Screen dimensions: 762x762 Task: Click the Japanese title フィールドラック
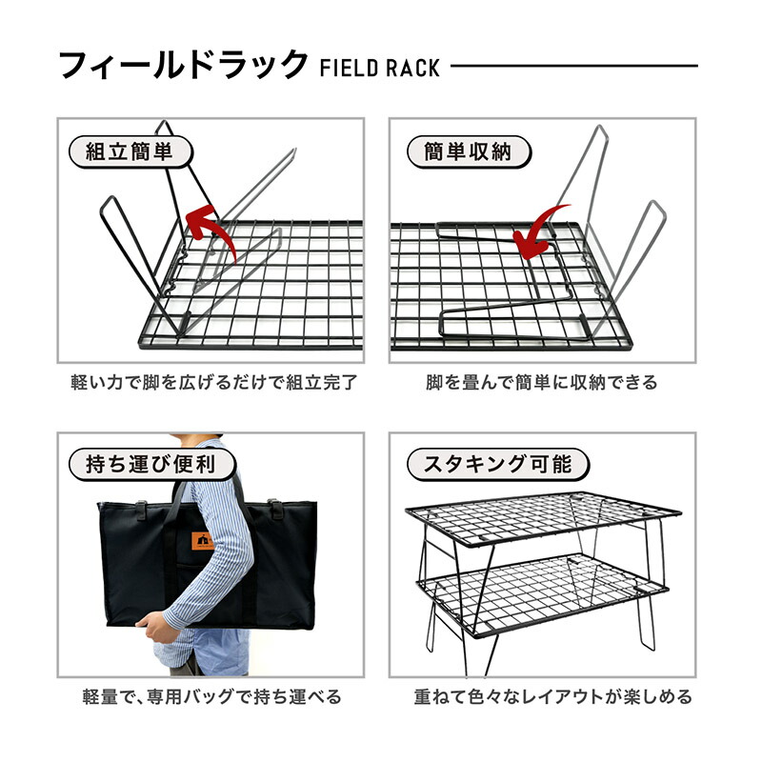click(183, 66)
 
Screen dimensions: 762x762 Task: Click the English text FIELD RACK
click(380, 69)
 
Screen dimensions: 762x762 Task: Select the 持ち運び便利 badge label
click(141, 465)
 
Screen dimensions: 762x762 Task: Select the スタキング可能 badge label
click(496, 465)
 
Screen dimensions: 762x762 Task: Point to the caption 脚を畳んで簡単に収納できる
click(541, 383)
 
